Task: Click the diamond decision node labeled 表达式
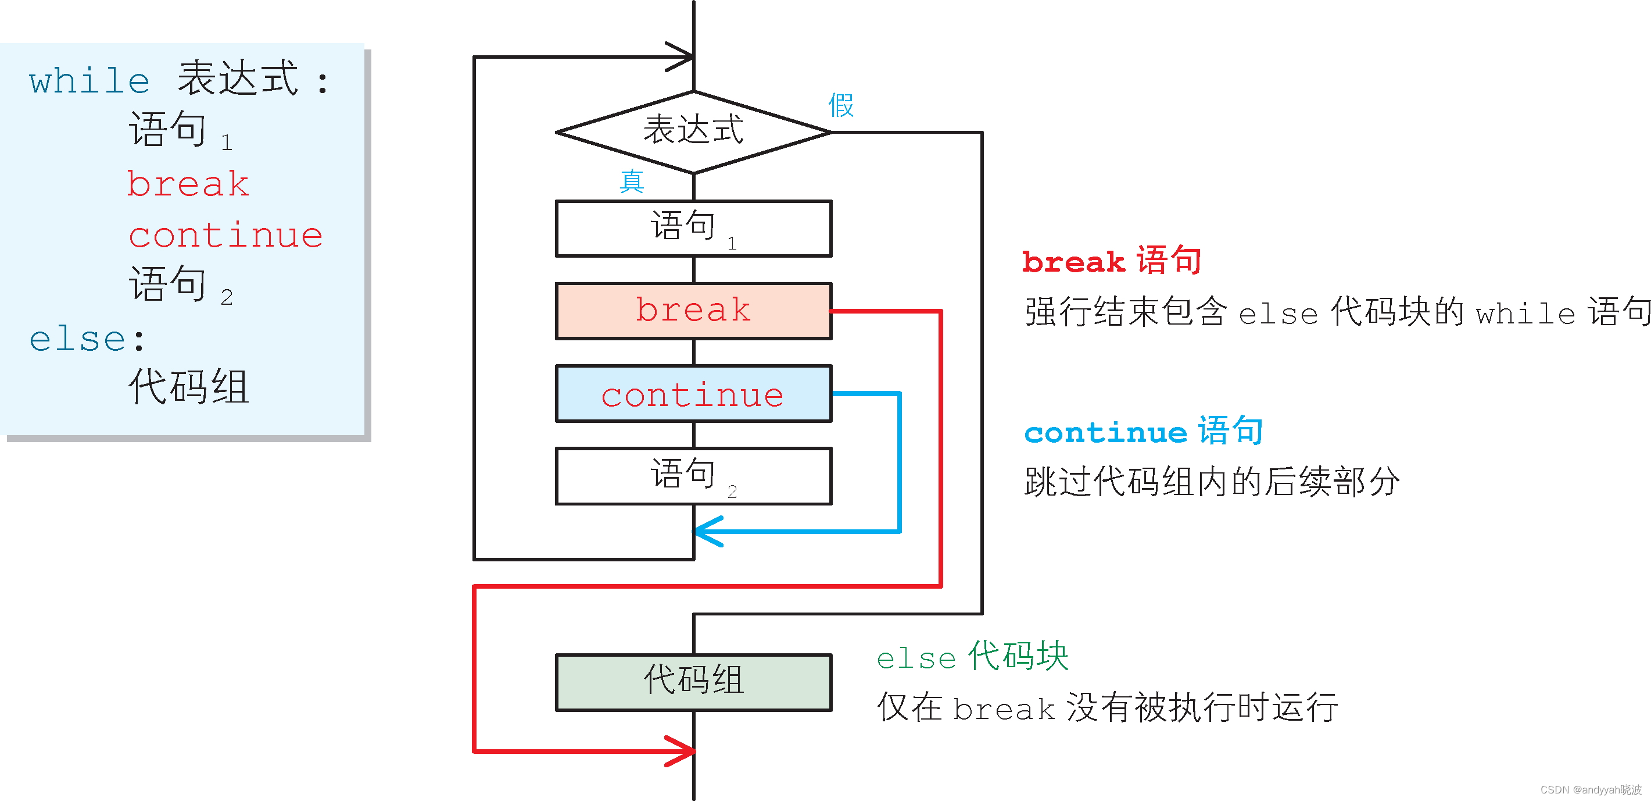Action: click(693, 131)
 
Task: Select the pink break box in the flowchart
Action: click(693, 311)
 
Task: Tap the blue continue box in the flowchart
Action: click(693, 394)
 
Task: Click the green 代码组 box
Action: click(693, 682)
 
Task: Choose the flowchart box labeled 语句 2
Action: click(693, 476)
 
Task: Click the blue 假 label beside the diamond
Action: click(841, 105)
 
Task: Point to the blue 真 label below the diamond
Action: click(631, 181)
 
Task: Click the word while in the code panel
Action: click(89, 81)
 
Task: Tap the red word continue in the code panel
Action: click(225, 236)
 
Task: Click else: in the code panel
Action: click(87, 339)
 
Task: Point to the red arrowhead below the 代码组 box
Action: click(683, 750)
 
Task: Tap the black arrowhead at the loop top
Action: click(681, 57)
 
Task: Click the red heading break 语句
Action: click(1111, 261)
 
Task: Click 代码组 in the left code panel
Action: click(188, 387)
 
